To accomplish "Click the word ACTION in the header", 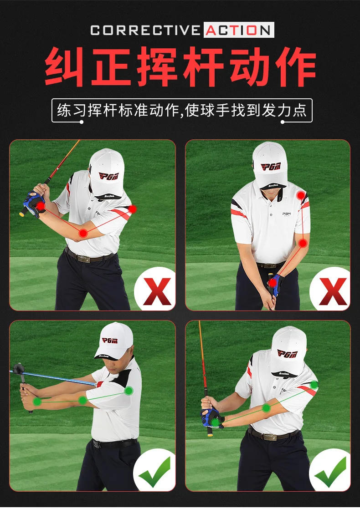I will (x=239, y=30).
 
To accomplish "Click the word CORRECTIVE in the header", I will (x=145, y=30).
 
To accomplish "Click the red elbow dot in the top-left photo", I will (x=83, y=233).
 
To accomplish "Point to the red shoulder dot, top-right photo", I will (x=301, y=196).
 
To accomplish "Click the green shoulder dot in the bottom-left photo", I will (x=129, y=391).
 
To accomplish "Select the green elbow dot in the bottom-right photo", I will (x=266, y=408).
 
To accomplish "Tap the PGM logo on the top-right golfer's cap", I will (x=270, y=167).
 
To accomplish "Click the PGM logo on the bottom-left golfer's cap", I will (x=110, y=341).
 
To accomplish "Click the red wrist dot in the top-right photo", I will (x=273, y=283).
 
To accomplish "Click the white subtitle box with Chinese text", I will (x=181, y=111).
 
